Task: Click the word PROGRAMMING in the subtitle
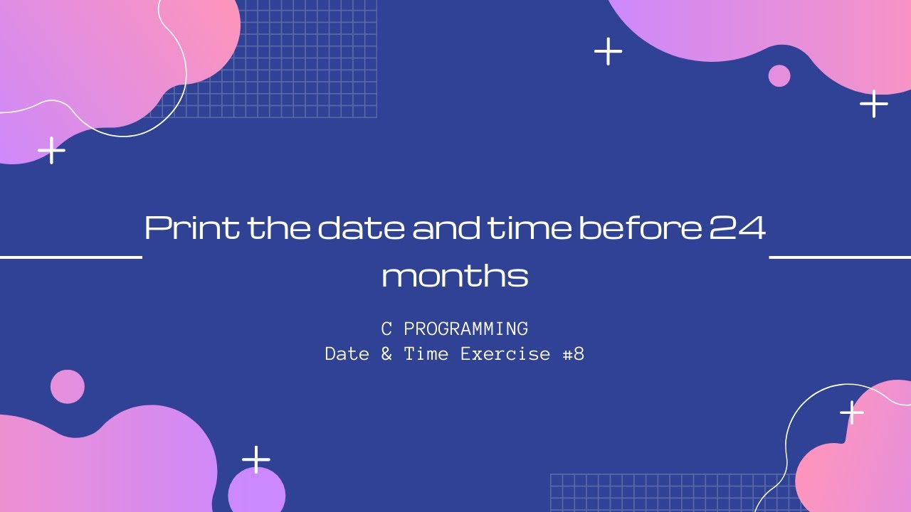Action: [465, 329]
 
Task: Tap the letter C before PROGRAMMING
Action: [386, 329]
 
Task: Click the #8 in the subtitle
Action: [574, 353]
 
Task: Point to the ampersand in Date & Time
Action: [386, 353]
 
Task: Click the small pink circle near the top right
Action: [779, 75]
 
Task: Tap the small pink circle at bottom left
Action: [68, 387]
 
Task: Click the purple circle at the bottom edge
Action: [256, 492]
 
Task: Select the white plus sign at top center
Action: [608, 51]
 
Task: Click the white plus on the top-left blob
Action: [51, 150]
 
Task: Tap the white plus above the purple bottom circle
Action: [256, 459]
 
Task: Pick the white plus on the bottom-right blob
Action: [851, 412]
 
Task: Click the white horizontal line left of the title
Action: [71, 257]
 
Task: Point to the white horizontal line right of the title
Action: [840, 257]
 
